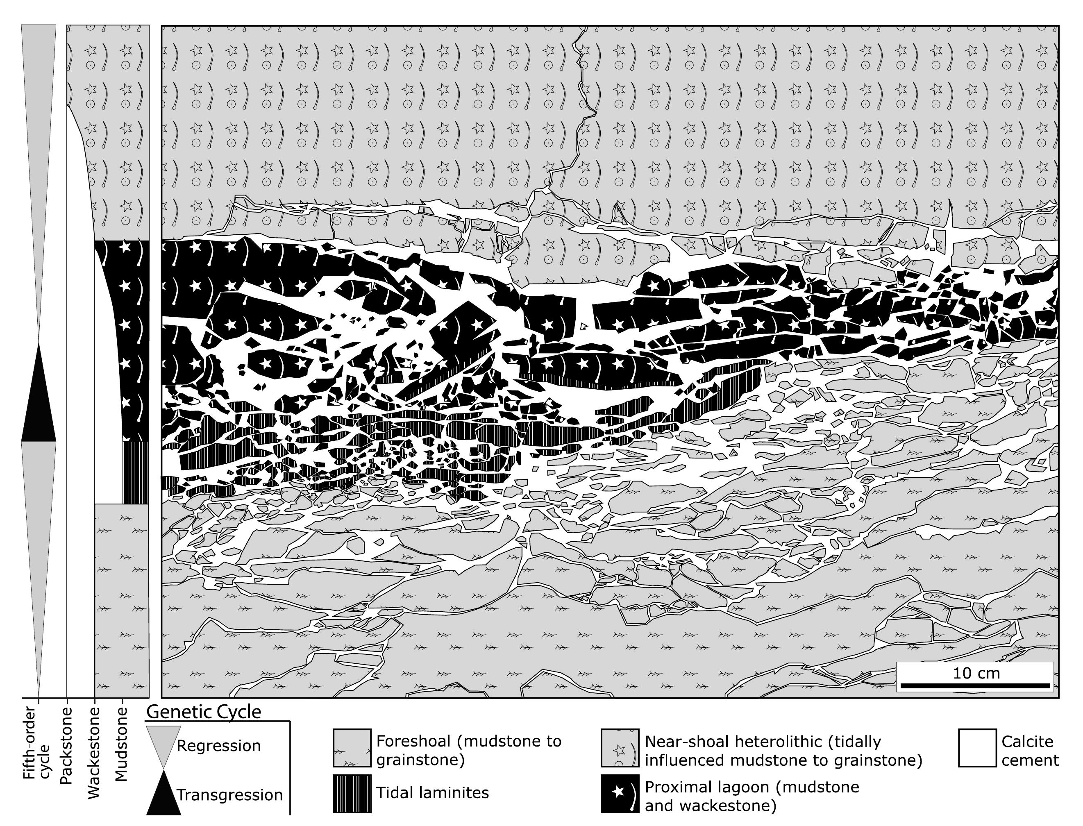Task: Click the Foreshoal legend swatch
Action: pos(352,747)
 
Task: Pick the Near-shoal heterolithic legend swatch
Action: pos(620,747)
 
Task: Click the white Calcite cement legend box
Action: pos(977,747)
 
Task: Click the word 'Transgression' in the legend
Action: pos(229,795)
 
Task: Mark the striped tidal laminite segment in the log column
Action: pos(135,472)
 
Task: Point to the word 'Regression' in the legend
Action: pos(218,746)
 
